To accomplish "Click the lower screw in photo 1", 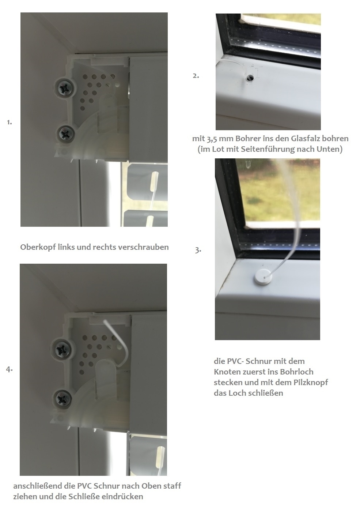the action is click(65, 134).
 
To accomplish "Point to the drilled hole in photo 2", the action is click(250, 78).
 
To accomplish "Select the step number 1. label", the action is click(9, 122).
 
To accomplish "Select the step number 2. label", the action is click(196, 76).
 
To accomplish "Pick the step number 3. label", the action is click(198, 250).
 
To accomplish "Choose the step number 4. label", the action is click(9, 369).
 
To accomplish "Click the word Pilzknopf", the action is click(311, 382).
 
